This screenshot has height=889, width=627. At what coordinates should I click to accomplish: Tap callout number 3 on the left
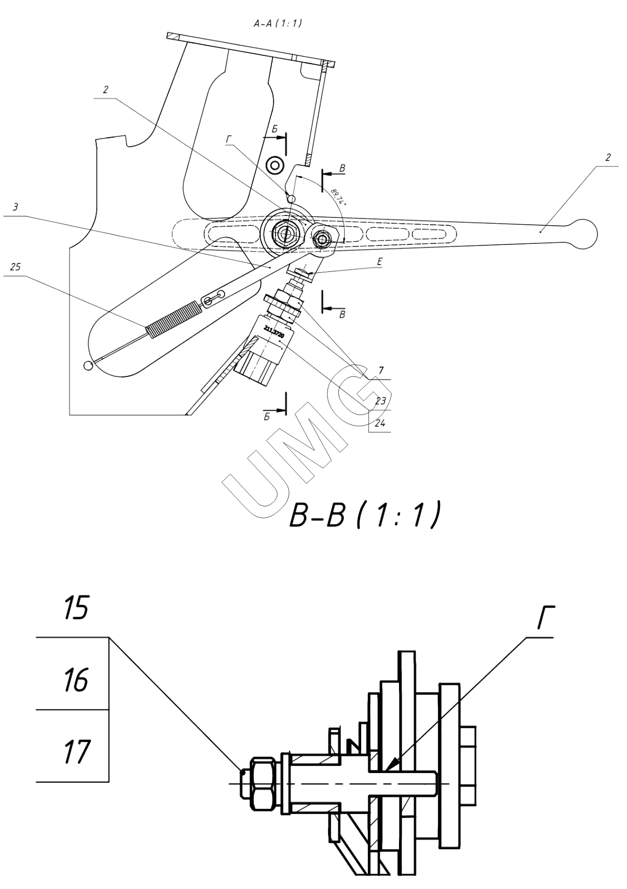tap(15, 207)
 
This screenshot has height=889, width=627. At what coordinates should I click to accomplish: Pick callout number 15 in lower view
tap(77, 608)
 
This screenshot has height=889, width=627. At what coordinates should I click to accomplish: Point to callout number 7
tap(380, 371)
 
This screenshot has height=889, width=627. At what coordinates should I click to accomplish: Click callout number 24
tap(380, 423)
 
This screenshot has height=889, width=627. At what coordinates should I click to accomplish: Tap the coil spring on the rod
tap(173, 321)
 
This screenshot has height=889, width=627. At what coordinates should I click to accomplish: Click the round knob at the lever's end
tap(583, 234)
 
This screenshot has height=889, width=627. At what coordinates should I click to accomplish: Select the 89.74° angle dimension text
tap(337, 197)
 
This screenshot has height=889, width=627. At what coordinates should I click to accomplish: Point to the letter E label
tap(380, 263)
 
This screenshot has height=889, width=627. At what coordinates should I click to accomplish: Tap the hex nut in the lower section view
tap(263, 783)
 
